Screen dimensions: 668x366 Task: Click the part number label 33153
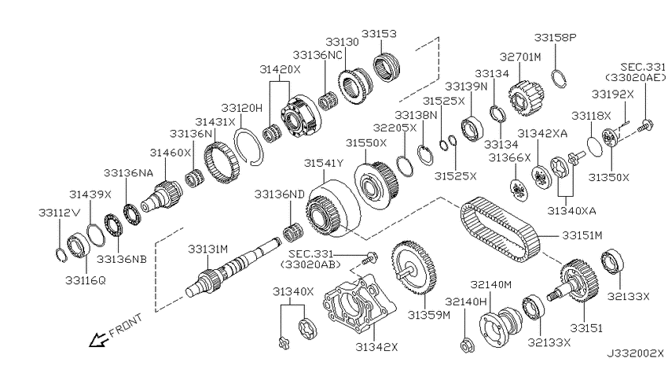point(379,34)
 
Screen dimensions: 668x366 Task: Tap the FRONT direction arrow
point(97,339)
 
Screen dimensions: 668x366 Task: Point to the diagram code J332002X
point(635,353)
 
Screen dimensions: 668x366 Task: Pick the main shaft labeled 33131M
point(232,268)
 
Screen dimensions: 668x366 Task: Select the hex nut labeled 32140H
point(467,344)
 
